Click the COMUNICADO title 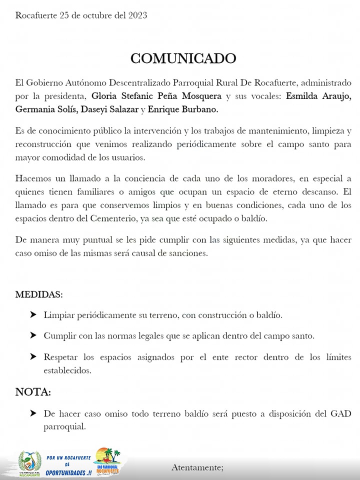[183, 58]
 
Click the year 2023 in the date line [136, 15]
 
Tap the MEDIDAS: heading [39, 294]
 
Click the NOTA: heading [33, 392]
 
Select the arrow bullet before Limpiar [33, 315]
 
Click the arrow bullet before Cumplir [33, 335]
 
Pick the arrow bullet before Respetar [33, 356]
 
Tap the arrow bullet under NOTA [33, 413]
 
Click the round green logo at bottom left [29, 463]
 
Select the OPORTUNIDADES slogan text [68, 472]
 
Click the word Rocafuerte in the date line [36, 15]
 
